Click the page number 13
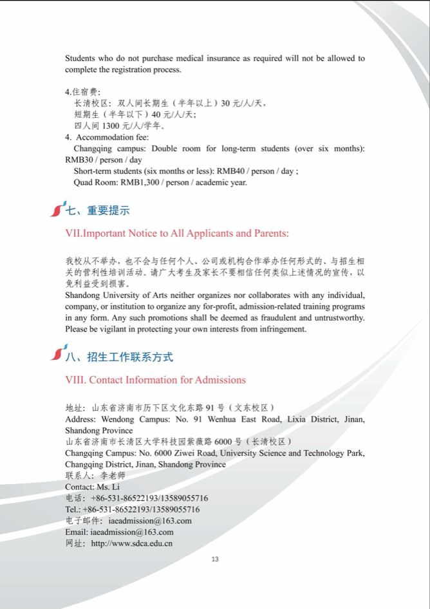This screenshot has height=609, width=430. tap(215, 559)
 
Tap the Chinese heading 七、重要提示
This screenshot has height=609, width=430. tap(98, 210)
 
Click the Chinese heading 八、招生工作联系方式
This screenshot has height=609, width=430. tap(120, 357)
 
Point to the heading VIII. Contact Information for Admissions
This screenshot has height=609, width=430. tap(155, 380)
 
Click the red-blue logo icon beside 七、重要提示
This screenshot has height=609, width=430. tap(59, 209)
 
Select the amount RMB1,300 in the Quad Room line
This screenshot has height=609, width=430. tap(141, 182)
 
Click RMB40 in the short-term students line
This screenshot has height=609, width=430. tap(230, 171)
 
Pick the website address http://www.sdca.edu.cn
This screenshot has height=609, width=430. tap(132, 543)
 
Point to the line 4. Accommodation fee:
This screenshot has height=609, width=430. tap(107, 137)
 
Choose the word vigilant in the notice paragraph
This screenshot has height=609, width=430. tap(115, 329)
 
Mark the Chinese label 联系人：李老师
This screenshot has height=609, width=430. tap(95, 476)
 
